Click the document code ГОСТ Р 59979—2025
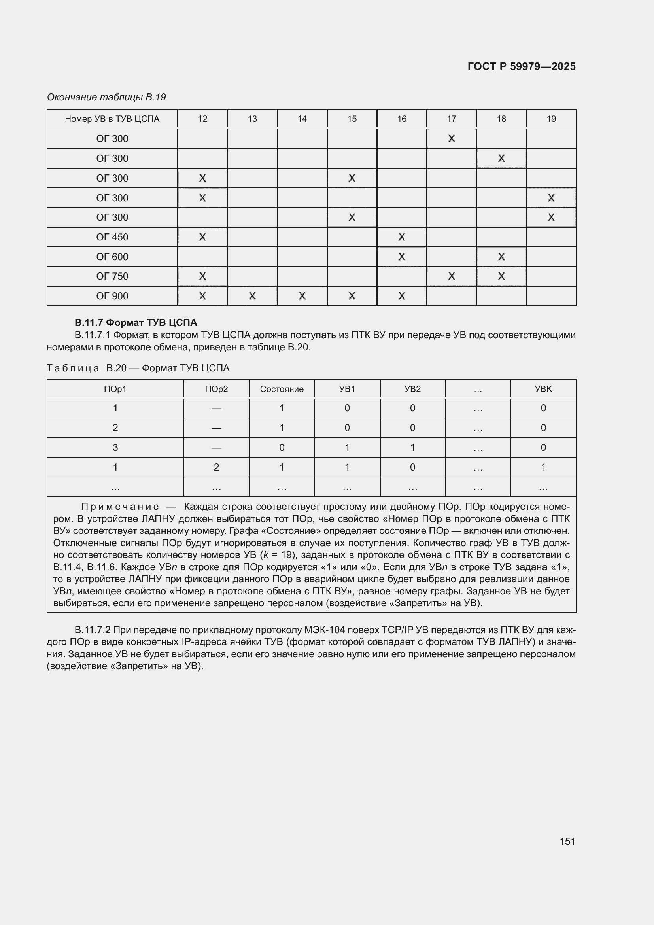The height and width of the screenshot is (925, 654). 521,66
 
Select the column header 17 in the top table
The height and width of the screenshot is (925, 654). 452,119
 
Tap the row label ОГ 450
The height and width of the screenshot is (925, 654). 112,237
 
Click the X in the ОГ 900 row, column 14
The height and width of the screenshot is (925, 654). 302,296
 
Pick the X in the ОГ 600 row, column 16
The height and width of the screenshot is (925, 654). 401,257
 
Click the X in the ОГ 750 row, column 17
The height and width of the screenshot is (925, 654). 452,276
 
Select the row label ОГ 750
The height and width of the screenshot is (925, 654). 112,276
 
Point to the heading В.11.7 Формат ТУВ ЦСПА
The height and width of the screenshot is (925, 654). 136,323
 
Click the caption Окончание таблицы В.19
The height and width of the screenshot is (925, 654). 106,97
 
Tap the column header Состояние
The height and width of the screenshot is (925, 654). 282,389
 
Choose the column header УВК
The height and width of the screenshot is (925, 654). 543,389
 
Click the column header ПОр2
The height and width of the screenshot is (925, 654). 216,389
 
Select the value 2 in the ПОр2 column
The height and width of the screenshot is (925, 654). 216,467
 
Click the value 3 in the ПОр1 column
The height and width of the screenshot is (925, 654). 115,448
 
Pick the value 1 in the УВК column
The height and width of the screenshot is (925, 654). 543,467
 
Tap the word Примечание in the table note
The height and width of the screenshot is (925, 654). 120,507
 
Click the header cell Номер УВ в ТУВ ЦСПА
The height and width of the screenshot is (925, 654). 112,119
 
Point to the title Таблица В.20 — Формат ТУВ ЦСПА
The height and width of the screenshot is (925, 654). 138,368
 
